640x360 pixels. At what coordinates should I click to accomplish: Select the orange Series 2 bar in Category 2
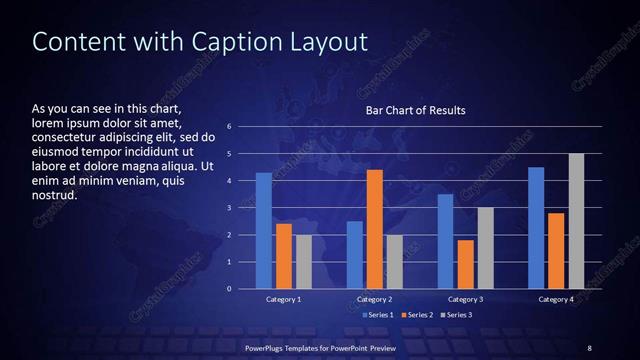[x=374, y=229]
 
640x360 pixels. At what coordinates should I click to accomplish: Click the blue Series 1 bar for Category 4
[x=536, y=228]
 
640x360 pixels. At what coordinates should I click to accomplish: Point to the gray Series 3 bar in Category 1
[x=303, y=262]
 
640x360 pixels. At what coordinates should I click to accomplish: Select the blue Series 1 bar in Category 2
[x=354, y=255]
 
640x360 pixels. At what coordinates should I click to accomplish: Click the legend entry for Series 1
[x=376, y=315]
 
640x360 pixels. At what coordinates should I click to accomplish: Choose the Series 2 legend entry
[x=416, y=315]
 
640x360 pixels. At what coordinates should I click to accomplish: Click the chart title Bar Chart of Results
[x=415, y=110]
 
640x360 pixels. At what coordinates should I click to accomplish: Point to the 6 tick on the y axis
[x=230, y=127]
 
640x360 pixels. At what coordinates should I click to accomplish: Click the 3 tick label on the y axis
[x=230, y=208]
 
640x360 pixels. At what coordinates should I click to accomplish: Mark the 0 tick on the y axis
[x=230, y=289]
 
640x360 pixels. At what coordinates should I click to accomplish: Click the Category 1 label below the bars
[x=283, y=299]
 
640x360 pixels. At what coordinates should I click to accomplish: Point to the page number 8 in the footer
[x=589, y=347]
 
